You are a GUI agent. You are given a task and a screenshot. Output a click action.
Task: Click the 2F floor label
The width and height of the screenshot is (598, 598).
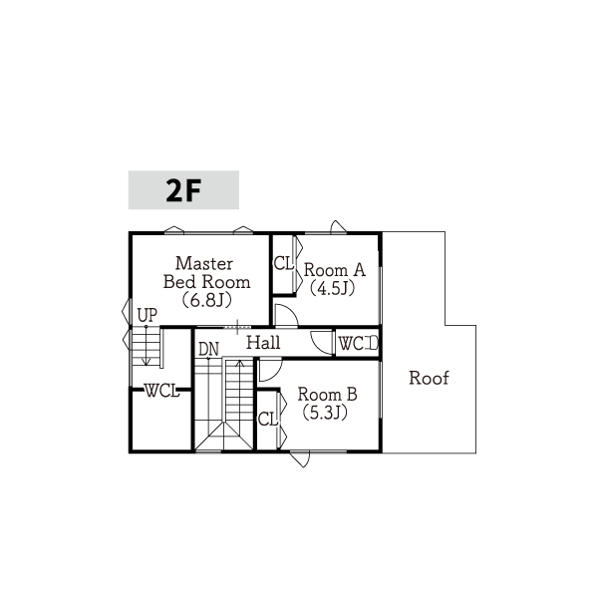183,190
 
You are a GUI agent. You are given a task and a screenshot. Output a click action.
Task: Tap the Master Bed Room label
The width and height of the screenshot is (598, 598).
206,273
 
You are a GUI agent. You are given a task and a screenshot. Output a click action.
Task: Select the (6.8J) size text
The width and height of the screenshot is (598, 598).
206,301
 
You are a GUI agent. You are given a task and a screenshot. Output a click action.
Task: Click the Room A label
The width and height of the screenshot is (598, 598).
335,270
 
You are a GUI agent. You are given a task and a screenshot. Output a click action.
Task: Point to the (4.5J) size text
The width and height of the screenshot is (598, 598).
332,288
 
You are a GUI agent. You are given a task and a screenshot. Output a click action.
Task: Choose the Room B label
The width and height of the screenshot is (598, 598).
327,395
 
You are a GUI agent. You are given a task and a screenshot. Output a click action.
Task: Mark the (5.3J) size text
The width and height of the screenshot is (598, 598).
325,413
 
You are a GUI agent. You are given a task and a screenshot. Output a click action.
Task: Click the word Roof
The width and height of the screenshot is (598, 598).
429,378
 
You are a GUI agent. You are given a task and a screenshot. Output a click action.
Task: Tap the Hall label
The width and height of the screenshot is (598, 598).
263,343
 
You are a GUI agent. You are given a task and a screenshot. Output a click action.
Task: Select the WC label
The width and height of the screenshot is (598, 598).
351,344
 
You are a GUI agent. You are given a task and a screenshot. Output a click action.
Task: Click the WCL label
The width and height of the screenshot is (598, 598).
161,391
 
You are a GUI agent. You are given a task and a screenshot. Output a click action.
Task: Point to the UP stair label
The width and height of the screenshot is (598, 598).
148,315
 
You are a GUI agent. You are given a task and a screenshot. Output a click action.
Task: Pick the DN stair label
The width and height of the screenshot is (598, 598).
208,349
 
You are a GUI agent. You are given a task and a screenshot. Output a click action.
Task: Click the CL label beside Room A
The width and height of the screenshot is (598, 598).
284,263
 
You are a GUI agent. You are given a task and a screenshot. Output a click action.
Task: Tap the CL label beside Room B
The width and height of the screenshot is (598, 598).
268,420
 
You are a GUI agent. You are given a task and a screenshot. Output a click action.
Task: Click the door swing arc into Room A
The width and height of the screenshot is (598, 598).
292,311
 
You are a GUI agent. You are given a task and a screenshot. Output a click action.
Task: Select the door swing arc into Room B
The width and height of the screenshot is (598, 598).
276,374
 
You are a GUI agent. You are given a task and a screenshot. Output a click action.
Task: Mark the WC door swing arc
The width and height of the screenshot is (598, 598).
316,348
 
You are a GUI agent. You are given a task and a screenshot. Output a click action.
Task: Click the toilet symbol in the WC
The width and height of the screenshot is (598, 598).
372,343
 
